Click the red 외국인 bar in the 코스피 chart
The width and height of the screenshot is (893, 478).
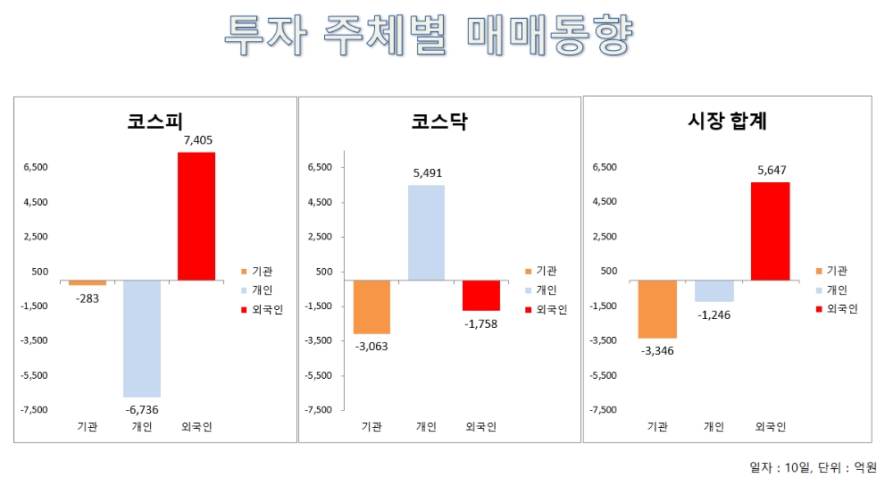coord(196,216)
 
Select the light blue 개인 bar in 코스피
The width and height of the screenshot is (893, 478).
coord(142,338)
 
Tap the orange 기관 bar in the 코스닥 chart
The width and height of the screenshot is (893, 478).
coord(371,306)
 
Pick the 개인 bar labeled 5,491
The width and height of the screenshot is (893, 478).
coord(426,232)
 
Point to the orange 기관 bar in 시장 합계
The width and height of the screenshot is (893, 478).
coord(657,308)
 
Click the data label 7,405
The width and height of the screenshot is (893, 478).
coord(197,140)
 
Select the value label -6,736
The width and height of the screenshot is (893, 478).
coord(142,409)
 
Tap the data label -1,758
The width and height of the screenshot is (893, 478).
coord(480,323)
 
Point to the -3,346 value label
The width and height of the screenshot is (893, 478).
coord(657,350)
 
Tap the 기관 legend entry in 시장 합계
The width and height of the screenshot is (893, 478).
coord(831,271)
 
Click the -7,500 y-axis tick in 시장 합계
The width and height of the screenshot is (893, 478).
coord(603,409)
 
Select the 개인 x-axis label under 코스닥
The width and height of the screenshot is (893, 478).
coord(426,427)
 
